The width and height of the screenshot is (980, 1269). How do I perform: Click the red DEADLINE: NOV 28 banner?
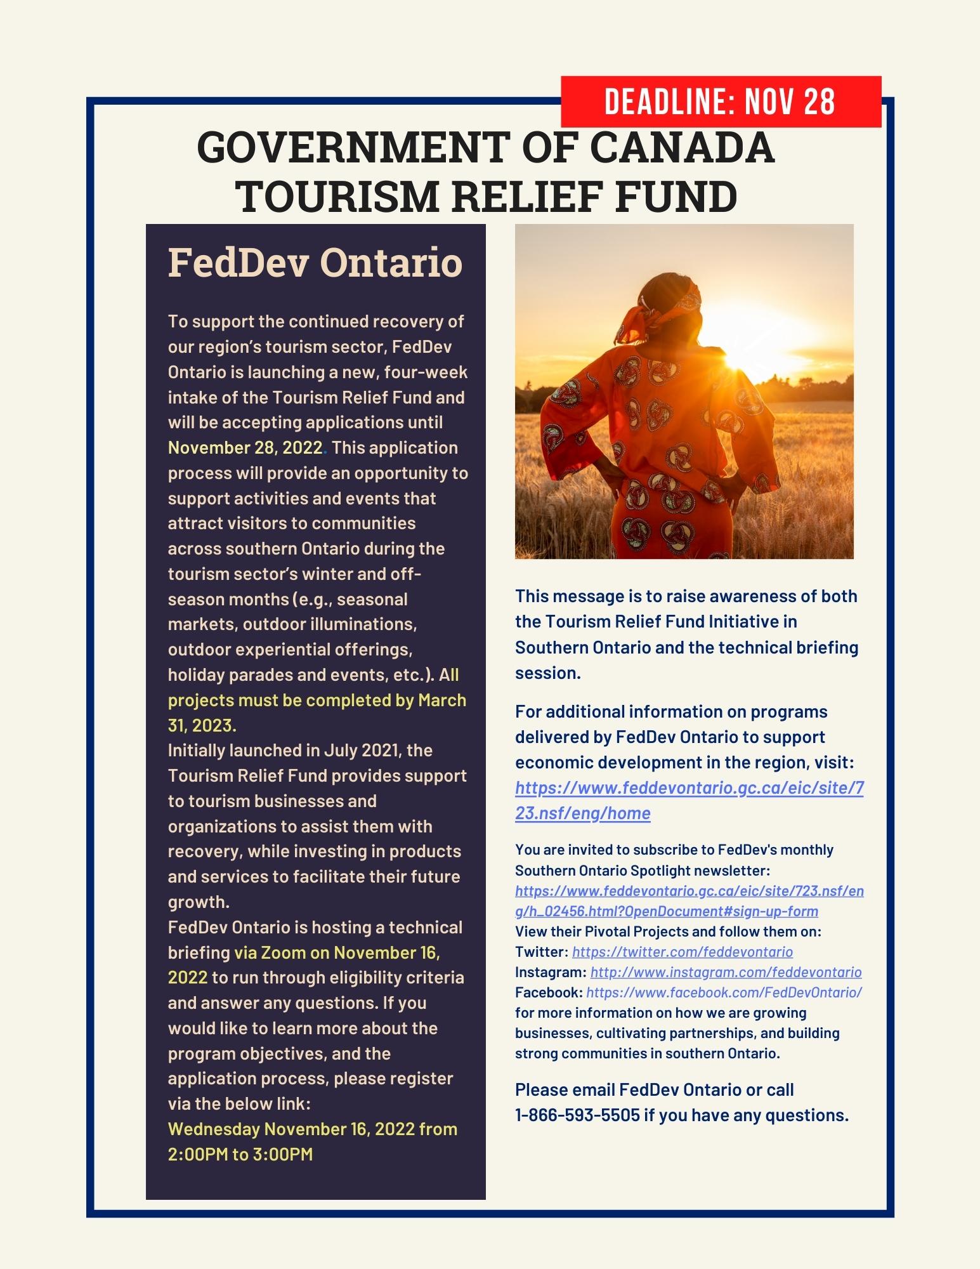click(721, 102)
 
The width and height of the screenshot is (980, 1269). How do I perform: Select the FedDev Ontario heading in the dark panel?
click(315, 262)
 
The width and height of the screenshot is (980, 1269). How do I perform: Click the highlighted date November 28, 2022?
click(245, 448)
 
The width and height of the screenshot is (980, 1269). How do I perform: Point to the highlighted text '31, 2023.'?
click(202, 725)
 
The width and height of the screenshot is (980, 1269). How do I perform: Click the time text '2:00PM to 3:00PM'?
click(240, 1154)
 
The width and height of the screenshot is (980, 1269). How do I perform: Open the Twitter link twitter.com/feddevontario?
click(683, 952)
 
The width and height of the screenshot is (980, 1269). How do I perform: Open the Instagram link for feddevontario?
click(726, 972)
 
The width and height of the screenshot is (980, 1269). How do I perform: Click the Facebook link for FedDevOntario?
click(724, 992)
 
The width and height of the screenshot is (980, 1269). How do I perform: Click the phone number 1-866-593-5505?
click(577, 1115)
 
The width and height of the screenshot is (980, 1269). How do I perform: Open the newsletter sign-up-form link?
click(666, 911)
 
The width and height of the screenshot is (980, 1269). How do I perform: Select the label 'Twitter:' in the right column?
click(542, 952)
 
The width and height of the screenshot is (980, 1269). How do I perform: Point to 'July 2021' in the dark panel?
click(360, 751)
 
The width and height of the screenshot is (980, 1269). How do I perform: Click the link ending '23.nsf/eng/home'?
click(582, 813)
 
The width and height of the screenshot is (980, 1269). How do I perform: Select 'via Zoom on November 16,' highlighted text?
click(337, 953)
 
